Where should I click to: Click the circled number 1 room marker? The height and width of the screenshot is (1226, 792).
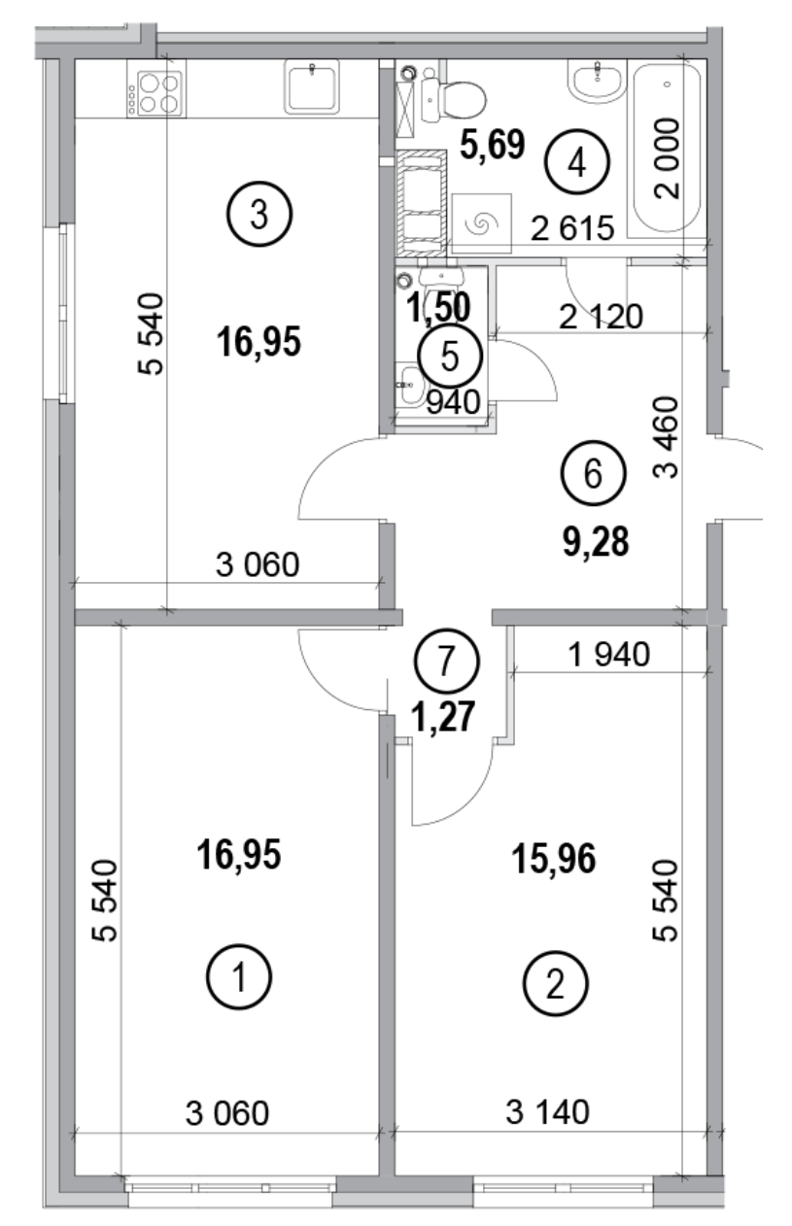pos(239,976)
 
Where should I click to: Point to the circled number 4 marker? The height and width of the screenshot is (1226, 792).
pos(576,162)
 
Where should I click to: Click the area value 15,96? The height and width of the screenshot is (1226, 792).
pos(552,858)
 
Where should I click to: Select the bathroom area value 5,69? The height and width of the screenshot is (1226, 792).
pos(492,146)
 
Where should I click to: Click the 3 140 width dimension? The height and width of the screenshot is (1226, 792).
pos(548,1110)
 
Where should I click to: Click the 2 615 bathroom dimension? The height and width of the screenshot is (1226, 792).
pos(573,229)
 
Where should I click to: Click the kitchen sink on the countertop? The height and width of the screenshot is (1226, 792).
pos(311,85)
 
